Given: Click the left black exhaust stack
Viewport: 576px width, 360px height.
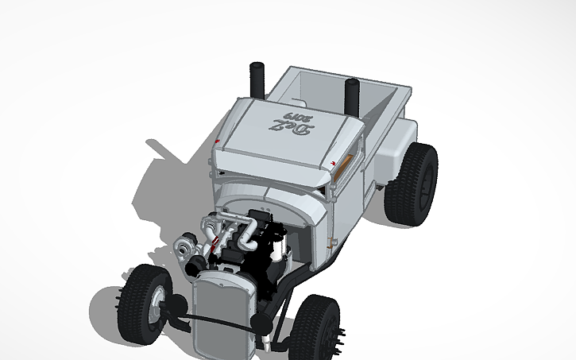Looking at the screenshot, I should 258,79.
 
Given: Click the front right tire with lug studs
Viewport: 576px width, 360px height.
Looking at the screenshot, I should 320,325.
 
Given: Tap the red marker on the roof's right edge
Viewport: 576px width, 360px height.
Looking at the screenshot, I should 331,165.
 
